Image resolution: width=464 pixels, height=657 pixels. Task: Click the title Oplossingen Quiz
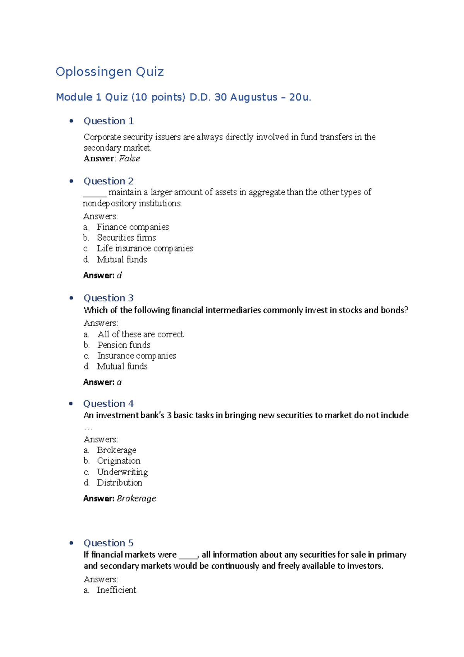pyautogui.click(x=109, y=72)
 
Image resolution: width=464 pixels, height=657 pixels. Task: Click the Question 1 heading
pyautogui.click(x=109, y=121)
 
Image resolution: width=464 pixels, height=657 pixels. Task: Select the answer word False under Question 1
pyautogui.click(x=130, y=159)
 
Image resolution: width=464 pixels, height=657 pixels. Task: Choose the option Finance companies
pyautogui.click(x=133, y=227)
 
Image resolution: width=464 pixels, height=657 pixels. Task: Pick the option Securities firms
pyautogui.click(x=126, y=238)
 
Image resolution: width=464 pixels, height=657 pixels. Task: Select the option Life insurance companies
pyautogui.click(x=145, y=248)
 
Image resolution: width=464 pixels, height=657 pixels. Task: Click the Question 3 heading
pyautogui.click(x=109, y=298)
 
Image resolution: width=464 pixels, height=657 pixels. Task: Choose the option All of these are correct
pyautogui.click(x=140, y=334)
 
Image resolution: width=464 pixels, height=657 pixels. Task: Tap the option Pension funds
pyautogui.click(x=124, y=345)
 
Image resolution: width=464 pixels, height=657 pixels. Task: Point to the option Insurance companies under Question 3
pyautogui.click(x=136, y=356)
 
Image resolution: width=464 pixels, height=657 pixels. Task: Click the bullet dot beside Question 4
pyautogui.click(x=71, y=404)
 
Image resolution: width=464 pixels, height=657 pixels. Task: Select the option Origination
pyautogui.click(x=119, y=461)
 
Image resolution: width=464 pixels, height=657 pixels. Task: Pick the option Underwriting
pyautogui.click(x=122, y=472)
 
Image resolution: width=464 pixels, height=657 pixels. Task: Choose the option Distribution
pyautogui.click(x=119, y=483)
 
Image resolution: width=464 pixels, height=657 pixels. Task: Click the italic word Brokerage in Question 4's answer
pyautogui.click(x=136, y=498)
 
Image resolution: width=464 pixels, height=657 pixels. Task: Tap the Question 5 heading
pyautogui.click(x=109, y=543)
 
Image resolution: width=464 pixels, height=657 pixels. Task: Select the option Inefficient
pyautogui.click(x=116, y=590)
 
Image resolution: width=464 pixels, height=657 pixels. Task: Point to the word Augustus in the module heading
pyautogui.click(x=254, y=97)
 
